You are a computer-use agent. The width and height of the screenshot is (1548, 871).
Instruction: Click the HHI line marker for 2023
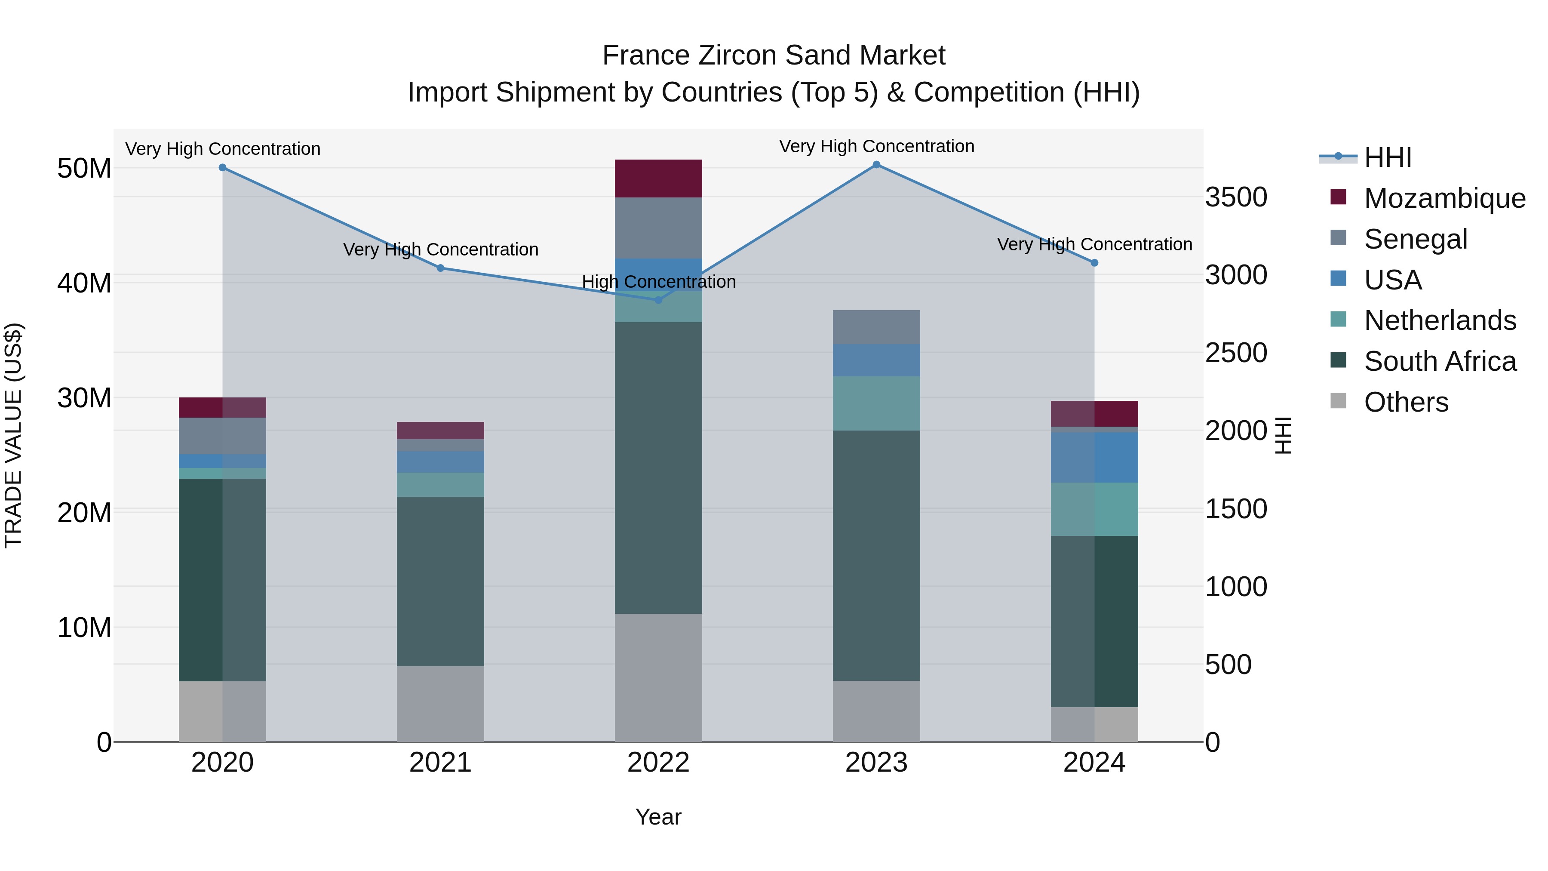(x=876, y=165)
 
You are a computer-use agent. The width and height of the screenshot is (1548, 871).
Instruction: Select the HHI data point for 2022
(x=658, y=300)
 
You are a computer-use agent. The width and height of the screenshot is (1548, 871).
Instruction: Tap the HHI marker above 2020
(x=222, y=168)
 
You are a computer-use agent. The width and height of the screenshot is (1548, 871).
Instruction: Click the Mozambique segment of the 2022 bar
(x=658, y=179)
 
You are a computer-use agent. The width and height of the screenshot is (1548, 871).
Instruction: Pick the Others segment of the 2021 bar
(x=440, y=703)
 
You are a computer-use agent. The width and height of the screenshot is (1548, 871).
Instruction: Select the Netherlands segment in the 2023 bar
(x=876, y=403)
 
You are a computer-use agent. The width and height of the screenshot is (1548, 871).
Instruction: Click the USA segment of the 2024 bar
(x=1094, y=458)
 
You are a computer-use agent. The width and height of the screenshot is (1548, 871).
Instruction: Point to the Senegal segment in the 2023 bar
(x=876, y=327)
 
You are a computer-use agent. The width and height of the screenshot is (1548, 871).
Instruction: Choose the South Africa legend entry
(x=1440, y=361)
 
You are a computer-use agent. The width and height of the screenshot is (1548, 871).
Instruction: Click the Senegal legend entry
(x=1415, y=239)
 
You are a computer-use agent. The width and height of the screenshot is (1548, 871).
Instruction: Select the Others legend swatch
(x=1338, y=401)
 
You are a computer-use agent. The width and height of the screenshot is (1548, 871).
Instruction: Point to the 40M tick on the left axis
(x=84, y=283)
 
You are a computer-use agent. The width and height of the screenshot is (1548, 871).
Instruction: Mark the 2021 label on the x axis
(x=440, y=763)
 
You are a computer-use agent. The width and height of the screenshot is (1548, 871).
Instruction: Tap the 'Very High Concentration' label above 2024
(x=1094, y=245)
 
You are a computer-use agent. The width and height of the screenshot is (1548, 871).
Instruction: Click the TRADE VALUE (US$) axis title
(x=13, y=435)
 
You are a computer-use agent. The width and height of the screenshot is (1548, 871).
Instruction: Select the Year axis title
(x=658, y=817)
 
